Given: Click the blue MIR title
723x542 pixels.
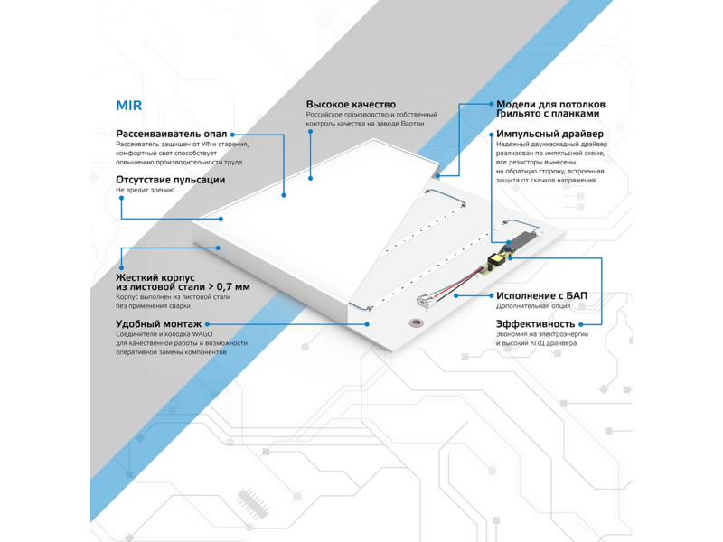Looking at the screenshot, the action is click(x=128, y=106).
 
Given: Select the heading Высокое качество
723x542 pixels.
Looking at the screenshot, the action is click(x=351, y=104).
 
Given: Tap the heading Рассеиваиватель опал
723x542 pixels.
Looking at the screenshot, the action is click(x=172, y=134).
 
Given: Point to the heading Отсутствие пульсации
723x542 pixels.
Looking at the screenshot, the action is click(x=171, y=180).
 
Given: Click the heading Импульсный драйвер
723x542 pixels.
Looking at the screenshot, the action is click(x=549, y=134).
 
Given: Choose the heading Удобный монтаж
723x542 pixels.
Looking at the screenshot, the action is click(x=159, y=324).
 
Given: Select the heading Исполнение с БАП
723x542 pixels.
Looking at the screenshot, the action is click(x=541, y=295).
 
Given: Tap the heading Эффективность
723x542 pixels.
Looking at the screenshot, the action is click(x=535, y=324).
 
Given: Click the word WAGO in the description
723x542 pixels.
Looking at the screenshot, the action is click(x=202, y=334).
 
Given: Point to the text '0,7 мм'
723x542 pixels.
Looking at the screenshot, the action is click(x=233, y=286).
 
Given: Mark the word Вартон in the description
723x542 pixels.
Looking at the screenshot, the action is click(x=413, y=124).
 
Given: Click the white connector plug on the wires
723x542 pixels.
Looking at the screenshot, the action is click(x=424, y=301).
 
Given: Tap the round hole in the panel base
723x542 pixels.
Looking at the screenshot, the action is click(x=417, y=322).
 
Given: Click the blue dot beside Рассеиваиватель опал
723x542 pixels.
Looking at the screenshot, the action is click(x=232, y=135).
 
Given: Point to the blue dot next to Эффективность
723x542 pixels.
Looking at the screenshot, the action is click(x=580, y=324).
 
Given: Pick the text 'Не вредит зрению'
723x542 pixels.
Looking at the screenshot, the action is click(x=146, y=190).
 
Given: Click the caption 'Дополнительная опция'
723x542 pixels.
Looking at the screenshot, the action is click(x=533, y=306).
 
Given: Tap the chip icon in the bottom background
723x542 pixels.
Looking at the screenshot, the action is click(x=253, y=503).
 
